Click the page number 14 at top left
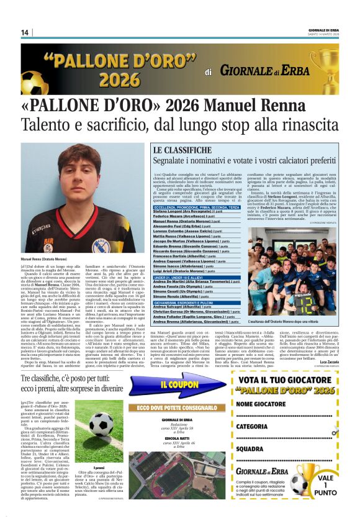tap(25, 32)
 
